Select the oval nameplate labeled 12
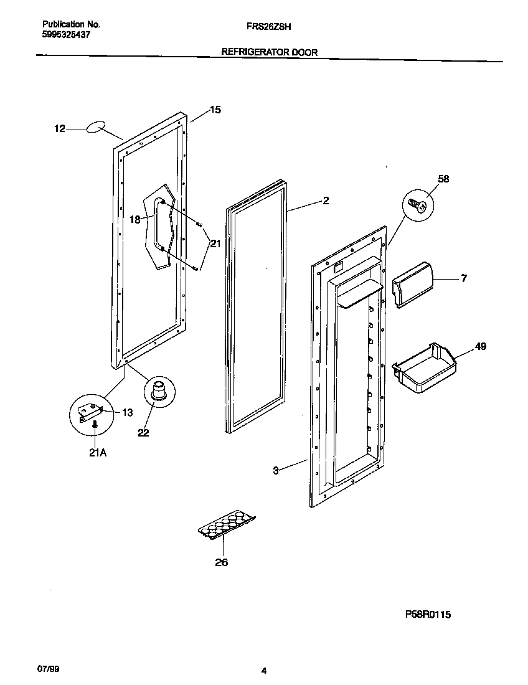(95, 127)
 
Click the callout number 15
(215, 110)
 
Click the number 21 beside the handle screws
(215, 243)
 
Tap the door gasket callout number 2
(326, 201)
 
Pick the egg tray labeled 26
(227, 524)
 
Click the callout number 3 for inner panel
(275, 471)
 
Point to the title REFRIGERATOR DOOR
(269, 53)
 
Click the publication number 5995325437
(67, 35)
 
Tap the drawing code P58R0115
(428, 615)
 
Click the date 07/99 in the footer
(49, 669)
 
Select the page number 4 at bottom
(264, 671)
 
